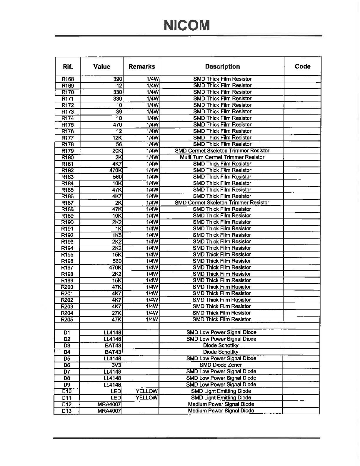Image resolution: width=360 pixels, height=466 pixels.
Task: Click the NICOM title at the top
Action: pos(187,25)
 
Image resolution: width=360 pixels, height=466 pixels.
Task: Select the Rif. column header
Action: pos(68,66)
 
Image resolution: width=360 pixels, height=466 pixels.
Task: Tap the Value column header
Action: pos(101,66)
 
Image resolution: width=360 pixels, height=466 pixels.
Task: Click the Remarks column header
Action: pos(141,66)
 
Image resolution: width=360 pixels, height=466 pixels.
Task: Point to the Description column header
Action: pos(222,66)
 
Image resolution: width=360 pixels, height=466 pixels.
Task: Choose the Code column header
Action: pos(302,66)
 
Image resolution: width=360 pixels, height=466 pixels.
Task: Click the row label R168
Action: pos(68,79)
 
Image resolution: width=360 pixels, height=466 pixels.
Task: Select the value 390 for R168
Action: pos(118,79)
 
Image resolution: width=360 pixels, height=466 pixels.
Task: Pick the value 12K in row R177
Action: pos(117,138)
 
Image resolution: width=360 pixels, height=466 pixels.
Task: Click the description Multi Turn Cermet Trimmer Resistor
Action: pos(222,157)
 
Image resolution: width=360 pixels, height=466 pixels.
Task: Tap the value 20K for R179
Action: pos(117,151)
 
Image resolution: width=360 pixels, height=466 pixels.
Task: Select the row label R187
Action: pos(67,203)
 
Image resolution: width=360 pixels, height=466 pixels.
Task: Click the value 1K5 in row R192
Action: pos(117,235)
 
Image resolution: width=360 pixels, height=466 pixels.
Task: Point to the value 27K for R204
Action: pos(117,313)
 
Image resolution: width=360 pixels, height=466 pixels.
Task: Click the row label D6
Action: pos(67,365)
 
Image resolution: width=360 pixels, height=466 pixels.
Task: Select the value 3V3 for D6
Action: pos(116,365)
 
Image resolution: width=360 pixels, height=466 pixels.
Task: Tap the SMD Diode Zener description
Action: pos(221,365)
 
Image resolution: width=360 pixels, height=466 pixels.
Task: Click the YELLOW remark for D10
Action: pos(147,391)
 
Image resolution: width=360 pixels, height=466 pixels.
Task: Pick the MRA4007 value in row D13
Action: pos(109,411)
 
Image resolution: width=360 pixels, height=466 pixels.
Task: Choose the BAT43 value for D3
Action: pos(113,346)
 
